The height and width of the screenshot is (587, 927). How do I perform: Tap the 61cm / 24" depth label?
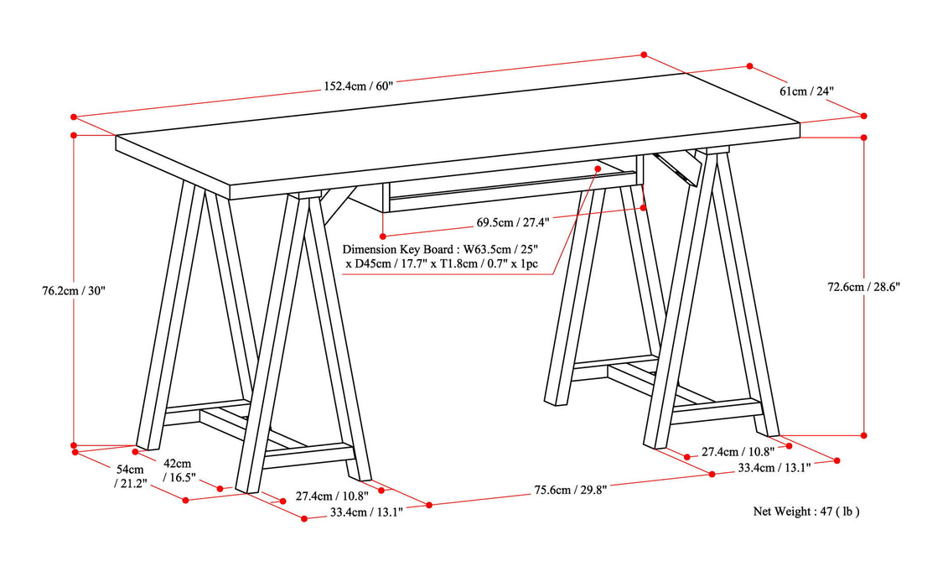[807, 90]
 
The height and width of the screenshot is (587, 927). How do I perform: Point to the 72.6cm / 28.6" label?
[863, 286]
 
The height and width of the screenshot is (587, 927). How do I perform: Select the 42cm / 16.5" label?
[177, 470]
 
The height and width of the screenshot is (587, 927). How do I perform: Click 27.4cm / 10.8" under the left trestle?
[332, 495]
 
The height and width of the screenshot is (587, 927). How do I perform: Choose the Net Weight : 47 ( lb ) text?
[805, 511]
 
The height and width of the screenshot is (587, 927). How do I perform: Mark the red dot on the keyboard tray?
[598, 169]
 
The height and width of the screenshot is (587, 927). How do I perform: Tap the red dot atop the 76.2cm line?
[74, 134]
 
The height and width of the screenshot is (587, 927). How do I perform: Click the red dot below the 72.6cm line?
[864, 435]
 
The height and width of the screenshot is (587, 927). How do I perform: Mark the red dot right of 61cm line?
[865, 116]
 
